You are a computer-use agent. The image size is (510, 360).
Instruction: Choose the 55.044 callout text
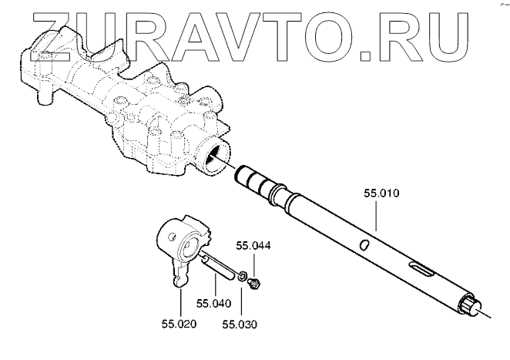tap(254, 247)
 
